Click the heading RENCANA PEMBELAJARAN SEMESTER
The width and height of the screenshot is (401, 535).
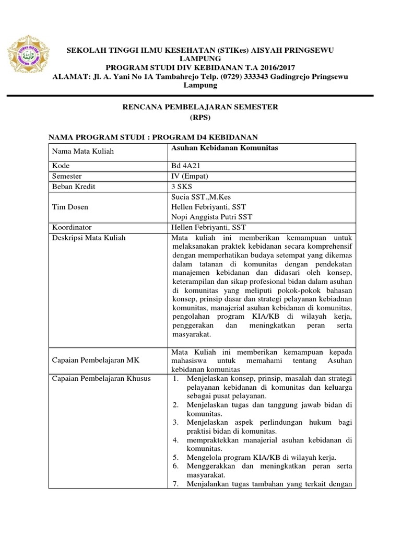point(200,107)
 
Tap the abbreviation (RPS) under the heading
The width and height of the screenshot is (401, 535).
point(200,118)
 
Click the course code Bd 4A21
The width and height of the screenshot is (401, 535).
point(186,165)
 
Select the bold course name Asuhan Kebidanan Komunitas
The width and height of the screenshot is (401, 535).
point(225,148)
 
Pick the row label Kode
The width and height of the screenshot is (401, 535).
point(61,165)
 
